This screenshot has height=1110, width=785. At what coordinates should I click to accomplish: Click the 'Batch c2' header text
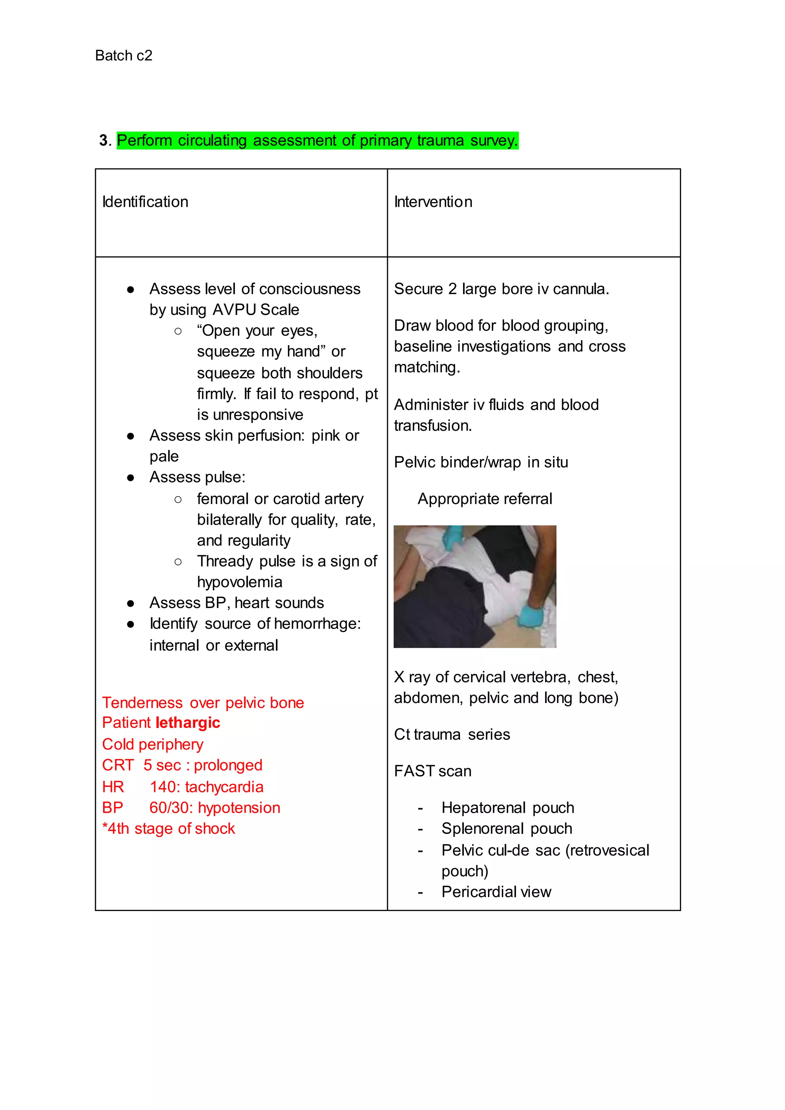click(124, 56)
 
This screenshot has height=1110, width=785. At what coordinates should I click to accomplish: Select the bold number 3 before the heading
click(103, 141)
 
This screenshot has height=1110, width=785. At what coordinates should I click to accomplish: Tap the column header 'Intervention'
click(433, 202)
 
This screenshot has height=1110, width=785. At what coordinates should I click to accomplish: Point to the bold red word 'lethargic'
click(188, 723)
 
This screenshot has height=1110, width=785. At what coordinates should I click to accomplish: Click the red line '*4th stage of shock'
click(169, 828)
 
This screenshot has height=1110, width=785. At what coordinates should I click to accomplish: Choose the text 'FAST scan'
click(433, 771)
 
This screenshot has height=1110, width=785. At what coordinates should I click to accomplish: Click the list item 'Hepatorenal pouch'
click(507, 808)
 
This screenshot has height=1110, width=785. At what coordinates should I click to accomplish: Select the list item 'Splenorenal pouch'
click(507, 828)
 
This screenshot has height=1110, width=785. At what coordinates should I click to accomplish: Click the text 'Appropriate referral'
click(485, 499)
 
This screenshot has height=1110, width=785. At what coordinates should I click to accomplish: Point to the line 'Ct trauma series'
click(452, 734)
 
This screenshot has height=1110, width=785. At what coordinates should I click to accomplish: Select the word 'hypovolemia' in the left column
click(239, 582)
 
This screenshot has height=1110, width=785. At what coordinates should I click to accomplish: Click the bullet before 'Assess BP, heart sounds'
click(130, 604)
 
